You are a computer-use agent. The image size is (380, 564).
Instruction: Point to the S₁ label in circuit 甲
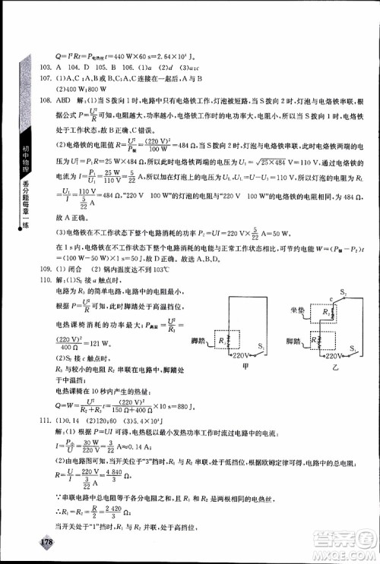pyautogui.click(x=272, y=346)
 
